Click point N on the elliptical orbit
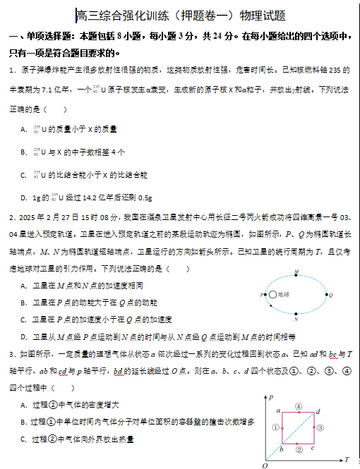click(296, 313)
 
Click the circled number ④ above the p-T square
click(299, 406)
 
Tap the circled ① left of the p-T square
click(275, 427)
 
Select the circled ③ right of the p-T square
click(320, 427)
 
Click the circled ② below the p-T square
click(299, 449)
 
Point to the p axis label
click(272, 398)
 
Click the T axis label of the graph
click(347, 459)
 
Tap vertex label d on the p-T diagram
click(318, 410)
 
